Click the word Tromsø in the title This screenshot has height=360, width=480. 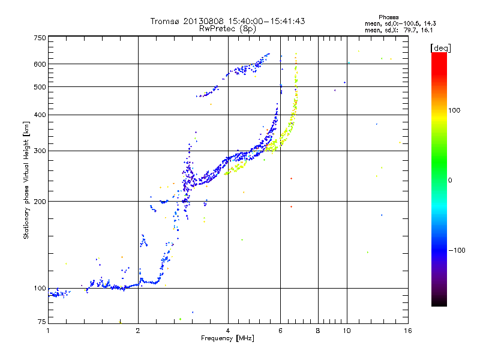(x=166, y=21)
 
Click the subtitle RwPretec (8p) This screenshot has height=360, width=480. (x=227, y=29)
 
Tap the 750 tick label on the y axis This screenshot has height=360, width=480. (x=40, y=38)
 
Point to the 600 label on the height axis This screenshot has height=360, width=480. (x=40, y=64)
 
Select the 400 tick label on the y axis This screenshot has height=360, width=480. (x=40, y=115)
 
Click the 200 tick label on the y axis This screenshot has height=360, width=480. (x=40, y=202)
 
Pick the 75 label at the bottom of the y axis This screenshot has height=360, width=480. (x=42, y=322)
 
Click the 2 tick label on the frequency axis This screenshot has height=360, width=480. (x=138, y=331)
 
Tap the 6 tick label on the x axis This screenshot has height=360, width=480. (x=280, y=331)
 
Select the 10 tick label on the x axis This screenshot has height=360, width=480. (x=347, y=331)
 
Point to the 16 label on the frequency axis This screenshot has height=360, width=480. (x=408, y=331)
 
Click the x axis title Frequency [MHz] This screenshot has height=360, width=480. (x=227, y=338)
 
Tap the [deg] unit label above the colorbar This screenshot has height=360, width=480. (x=440, y=48)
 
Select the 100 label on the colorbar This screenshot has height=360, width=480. (x=454, y=110)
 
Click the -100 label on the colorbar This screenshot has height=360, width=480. (x=457, y=250)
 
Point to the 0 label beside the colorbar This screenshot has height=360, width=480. (x=450, y=181)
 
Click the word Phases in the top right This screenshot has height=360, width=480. (x=388, y=17)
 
